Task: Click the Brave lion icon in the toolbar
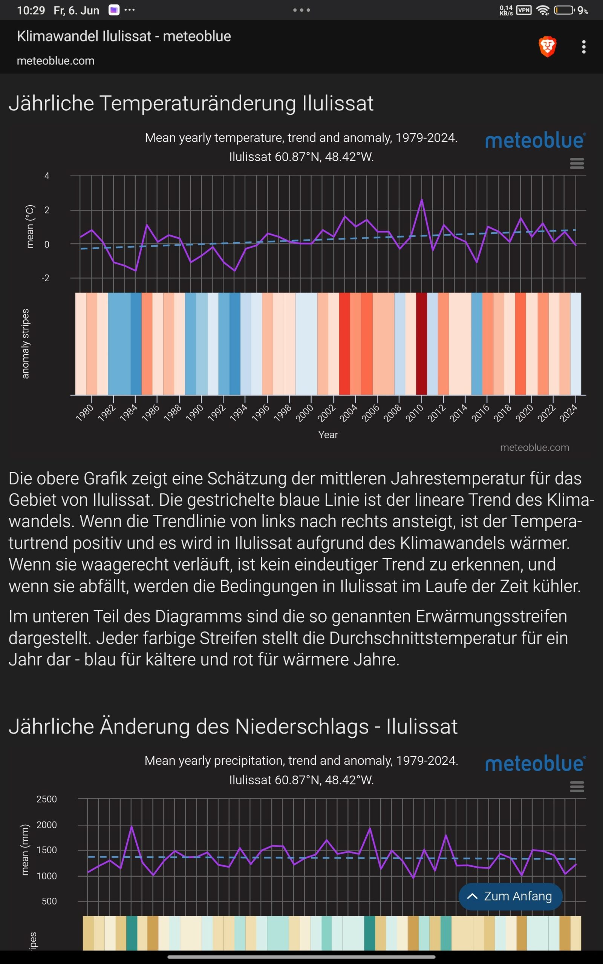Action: tap(547, 47)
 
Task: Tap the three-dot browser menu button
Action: tap(583, 47)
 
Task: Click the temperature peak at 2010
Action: tap(422, 200)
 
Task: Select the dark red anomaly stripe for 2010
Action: tap(422, 343)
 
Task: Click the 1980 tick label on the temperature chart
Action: tap(84, 412)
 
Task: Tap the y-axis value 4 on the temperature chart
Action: tap(47, 176)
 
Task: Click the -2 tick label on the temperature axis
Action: tap(46, 278)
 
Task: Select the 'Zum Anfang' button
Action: tap(510, 896)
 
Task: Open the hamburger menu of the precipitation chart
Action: tap(577, 786)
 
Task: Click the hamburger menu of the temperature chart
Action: tap(577, 163)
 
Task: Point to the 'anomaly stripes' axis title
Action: tap(26, 343)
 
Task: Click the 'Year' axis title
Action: tap(328, 435)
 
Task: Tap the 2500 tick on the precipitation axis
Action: tap(47, 799)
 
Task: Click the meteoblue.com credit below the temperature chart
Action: tap(534, 447)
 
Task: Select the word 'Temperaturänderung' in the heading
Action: tap(197, 104)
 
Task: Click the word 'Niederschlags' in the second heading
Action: tap(302, 727)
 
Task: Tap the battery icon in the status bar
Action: tap(564, 10)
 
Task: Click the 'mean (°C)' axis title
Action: tap(30, 227)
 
